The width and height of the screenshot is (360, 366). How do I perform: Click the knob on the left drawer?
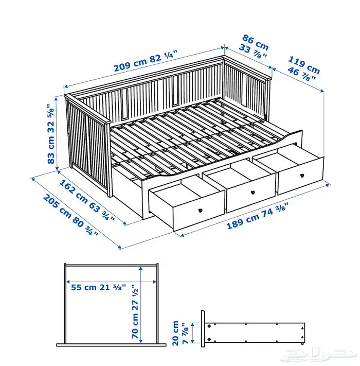pyautogui.click(x=200, y=210)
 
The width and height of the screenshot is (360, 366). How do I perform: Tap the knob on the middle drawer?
pyautogui.click(x=253, y=192)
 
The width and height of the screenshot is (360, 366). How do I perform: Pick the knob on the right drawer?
pyautogui.click(x=302, y=176)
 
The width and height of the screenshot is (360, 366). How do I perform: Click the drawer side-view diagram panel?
pyautogui.click(x=253, y=332)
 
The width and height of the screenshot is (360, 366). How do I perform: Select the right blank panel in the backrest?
pyautogui.click(x=175, y=90)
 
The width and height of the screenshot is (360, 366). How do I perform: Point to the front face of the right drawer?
pyautogui.click(x=301, y=176)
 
